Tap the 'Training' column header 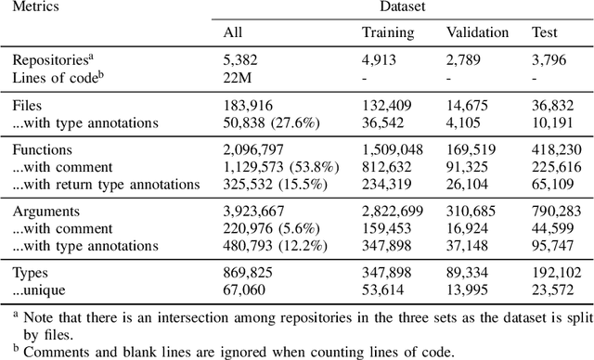388,32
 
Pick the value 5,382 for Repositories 243,60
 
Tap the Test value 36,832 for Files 555,106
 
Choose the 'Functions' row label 40,150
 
